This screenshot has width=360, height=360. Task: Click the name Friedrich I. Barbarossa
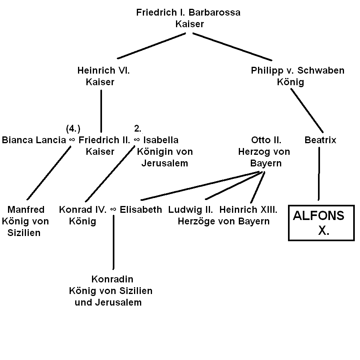[188, 12]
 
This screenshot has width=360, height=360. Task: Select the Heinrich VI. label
[104, 71]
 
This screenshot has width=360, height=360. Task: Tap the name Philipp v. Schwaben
[298, 71]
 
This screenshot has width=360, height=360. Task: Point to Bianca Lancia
[34, 140]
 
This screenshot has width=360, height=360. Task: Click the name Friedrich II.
[104, 140]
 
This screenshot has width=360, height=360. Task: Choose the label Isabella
[161, 140]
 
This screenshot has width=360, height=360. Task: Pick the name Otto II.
[266, 140]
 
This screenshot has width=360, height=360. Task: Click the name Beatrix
[320, 140]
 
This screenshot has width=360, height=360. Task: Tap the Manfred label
[26, 210]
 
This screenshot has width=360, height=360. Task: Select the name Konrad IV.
[83, 210]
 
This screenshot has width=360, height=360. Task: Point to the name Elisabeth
[141, 210]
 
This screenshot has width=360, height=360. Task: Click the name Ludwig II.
[190, 210]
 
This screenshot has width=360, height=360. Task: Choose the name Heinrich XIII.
[248, 210]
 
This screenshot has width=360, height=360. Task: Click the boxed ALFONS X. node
[321, 223]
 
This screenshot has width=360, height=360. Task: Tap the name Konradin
[112, 279]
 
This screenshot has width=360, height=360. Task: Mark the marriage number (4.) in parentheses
[73, 129]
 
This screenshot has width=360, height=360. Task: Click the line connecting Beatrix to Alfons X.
[319, 174]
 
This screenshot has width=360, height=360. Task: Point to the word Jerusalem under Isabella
[164, 163]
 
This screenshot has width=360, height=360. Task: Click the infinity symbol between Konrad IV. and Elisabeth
[113, 210]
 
